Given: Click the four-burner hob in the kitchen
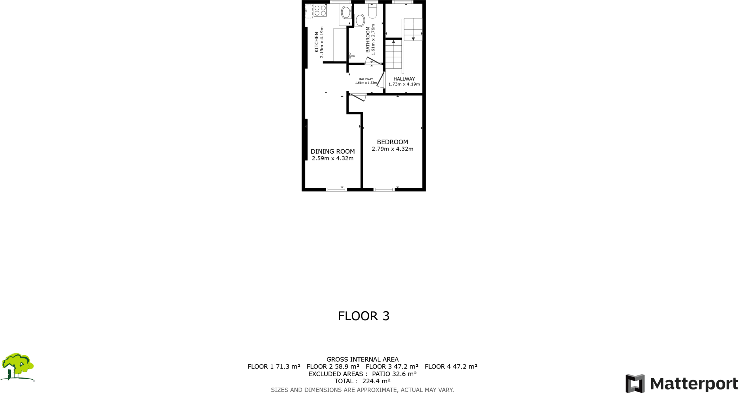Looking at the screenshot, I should [x=320, y=11].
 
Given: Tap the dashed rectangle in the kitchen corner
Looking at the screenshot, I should [x=309, y=12].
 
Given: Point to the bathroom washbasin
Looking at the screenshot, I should [x=360, y=20].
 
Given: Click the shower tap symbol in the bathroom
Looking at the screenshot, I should [x=352, y=56].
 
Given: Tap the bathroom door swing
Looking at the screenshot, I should [x=373, y=61].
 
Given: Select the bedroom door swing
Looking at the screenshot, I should [x=358, y=97].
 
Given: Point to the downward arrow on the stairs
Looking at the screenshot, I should [x=413, y=39].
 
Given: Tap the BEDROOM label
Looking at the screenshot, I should [x=392, y=142].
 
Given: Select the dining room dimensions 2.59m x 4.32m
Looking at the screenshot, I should [x=333, y=158].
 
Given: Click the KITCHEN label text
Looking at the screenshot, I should [x=317, y=42].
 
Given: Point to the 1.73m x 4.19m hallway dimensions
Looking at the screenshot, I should [x=404, y=84].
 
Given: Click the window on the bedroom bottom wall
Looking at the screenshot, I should [x=384, y=189].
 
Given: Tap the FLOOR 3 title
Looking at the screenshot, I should [x=364, y=316].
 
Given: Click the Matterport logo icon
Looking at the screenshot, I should [x=635, y=383].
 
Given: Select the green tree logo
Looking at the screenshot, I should [x=17, y=366].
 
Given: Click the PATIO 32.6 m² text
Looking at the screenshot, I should [x=394, y=374].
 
